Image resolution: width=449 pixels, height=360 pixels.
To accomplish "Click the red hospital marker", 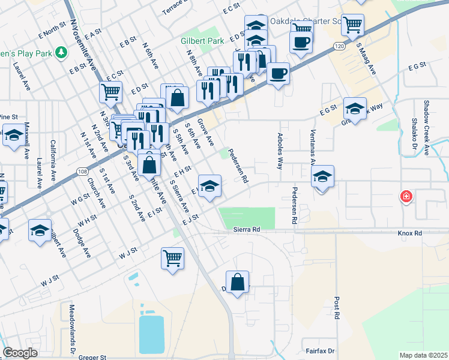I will [406, 196].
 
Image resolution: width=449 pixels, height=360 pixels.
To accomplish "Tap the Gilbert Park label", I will [202, 41].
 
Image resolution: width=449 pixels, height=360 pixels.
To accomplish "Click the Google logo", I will [20, 353].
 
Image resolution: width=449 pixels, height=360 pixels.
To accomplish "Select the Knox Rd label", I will [409, 233].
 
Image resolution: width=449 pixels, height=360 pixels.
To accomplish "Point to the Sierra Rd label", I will [247, 230].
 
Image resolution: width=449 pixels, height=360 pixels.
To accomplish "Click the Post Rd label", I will [337, 307].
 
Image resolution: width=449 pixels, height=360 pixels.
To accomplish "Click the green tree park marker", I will [61, 53].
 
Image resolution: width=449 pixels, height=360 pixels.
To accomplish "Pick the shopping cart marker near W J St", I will [172, 258].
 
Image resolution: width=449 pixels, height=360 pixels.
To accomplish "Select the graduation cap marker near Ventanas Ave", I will [322, 176].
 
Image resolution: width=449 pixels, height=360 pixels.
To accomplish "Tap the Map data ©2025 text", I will [423, 355].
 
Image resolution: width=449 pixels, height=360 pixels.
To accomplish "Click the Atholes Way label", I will [280, 152].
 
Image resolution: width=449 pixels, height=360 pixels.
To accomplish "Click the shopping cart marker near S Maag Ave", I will [352, 25].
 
